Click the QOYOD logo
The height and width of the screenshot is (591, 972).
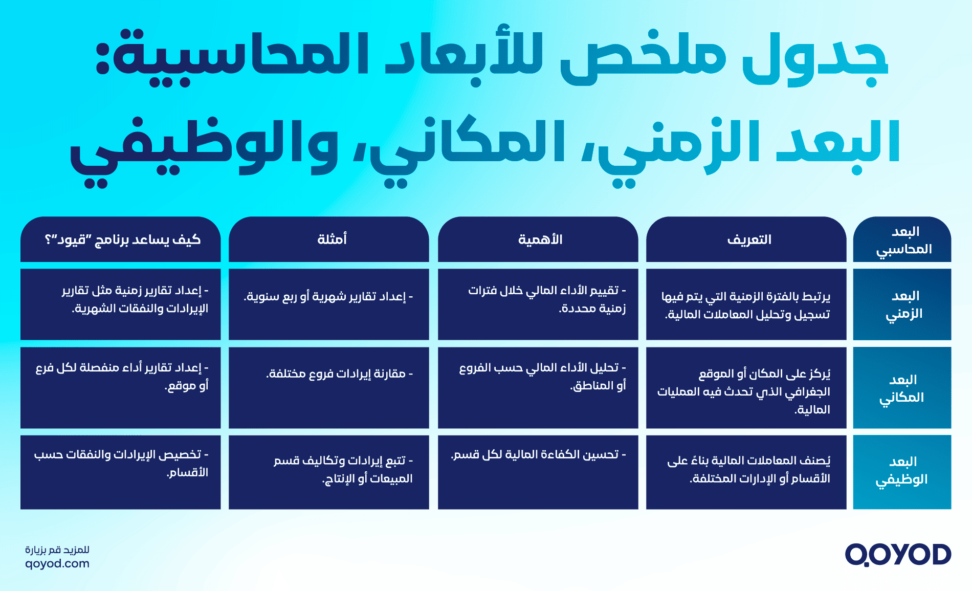898,555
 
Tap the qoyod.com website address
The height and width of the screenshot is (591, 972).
57,564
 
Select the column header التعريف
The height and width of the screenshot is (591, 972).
749,239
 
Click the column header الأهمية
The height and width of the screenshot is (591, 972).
540,239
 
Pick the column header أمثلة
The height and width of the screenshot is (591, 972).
332,239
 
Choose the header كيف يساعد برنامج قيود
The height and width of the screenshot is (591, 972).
122,239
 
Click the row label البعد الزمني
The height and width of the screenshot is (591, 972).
903,304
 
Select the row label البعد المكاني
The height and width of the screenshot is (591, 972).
902,388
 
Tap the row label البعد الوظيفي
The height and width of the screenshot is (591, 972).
902,471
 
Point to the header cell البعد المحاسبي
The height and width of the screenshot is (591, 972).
903,240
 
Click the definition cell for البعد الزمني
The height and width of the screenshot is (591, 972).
746,305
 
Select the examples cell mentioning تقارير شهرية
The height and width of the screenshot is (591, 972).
328,297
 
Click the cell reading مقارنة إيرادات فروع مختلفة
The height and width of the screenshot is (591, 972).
339,374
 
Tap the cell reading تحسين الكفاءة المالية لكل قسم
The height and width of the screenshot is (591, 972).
538,455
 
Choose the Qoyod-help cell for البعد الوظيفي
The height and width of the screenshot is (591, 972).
121,464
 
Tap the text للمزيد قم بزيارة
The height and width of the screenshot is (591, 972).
57,550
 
